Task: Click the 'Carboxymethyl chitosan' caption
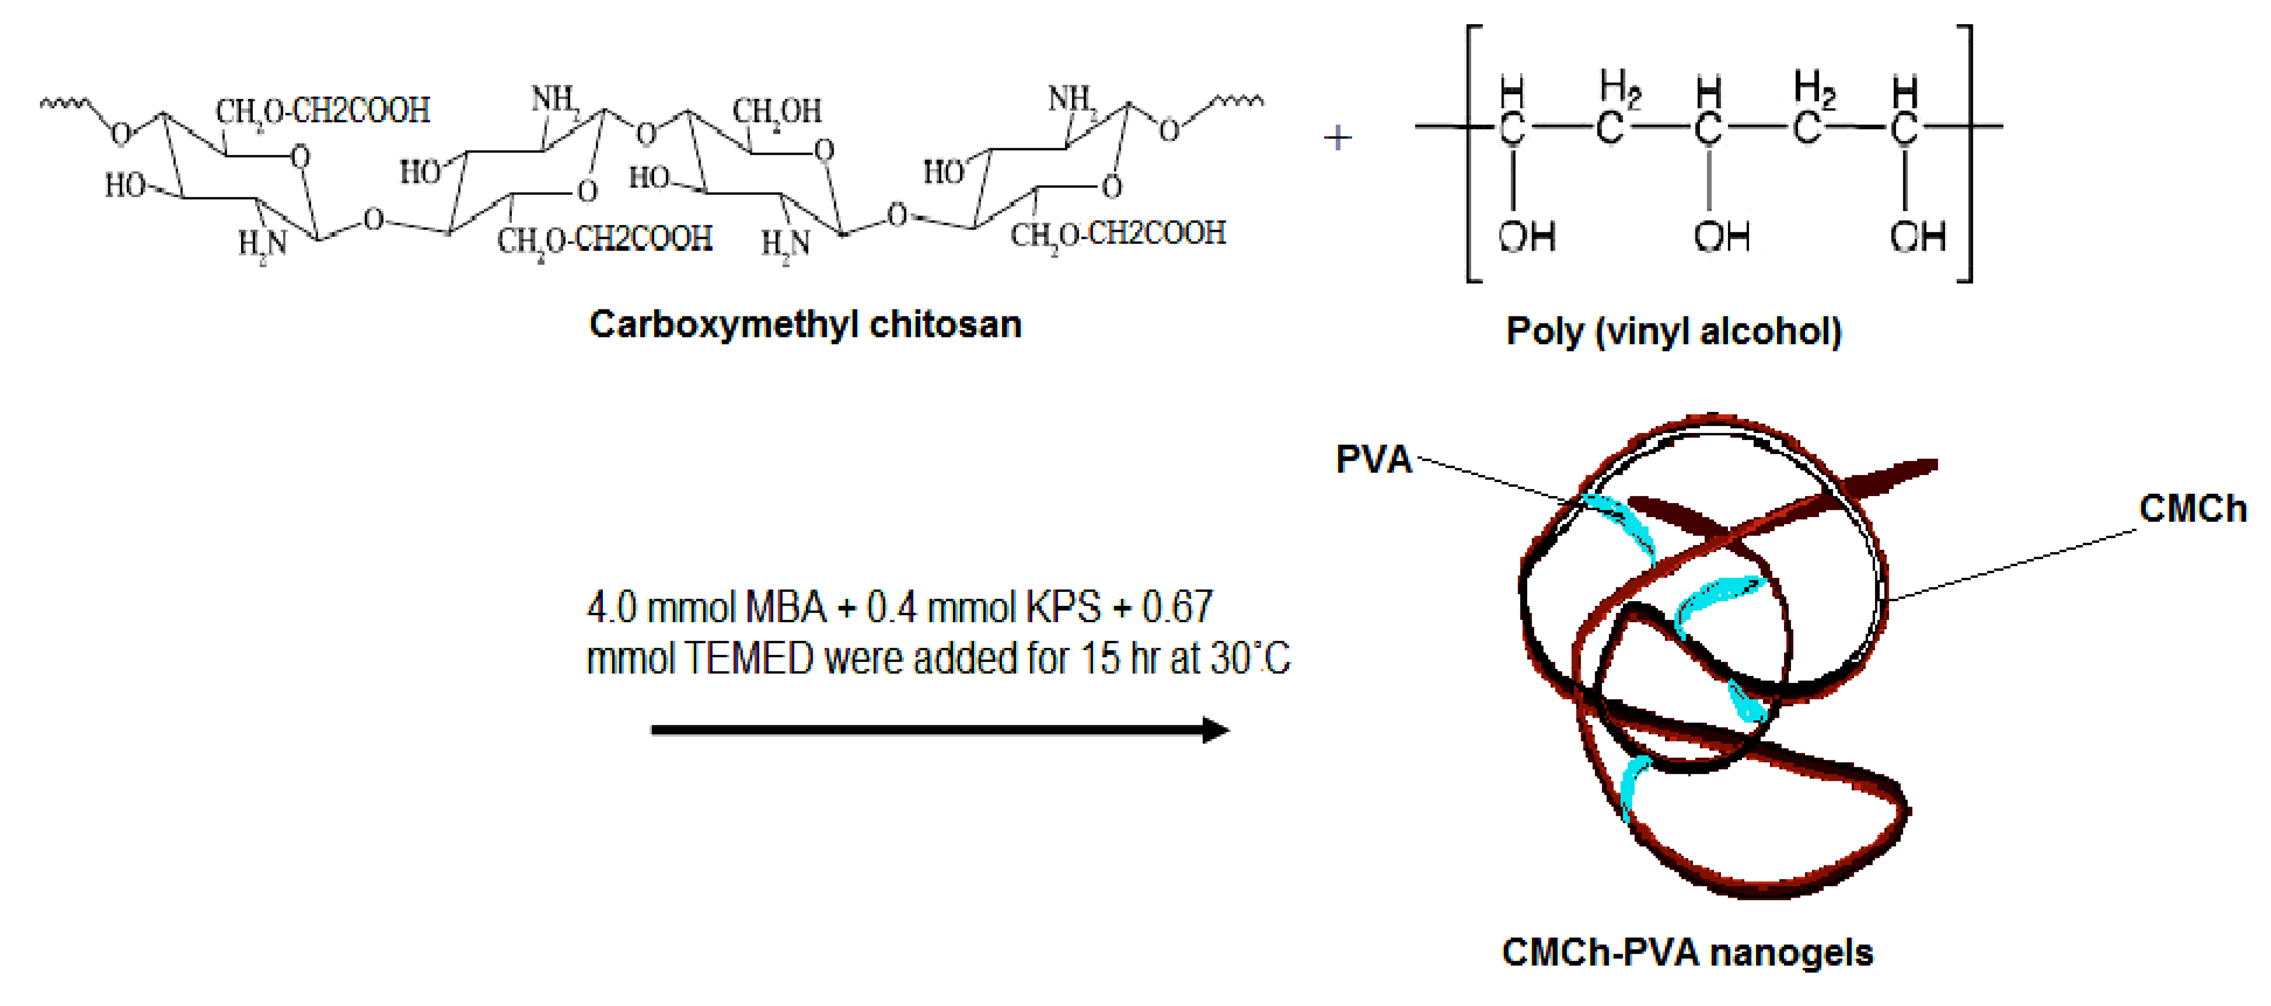(805, 325)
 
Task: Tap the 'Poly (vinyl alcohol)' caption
(1673, 332)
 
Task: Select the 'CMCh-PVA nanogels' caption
(1686, 952)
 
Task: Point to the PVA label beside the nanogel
(1374, 459)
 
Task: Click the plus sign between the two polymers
(1337, 137)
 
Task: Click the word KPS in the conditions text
(1058, 607)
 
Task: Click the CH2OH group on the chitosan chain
(777, 112)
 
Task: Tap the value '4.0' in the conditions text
(611, 607)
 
